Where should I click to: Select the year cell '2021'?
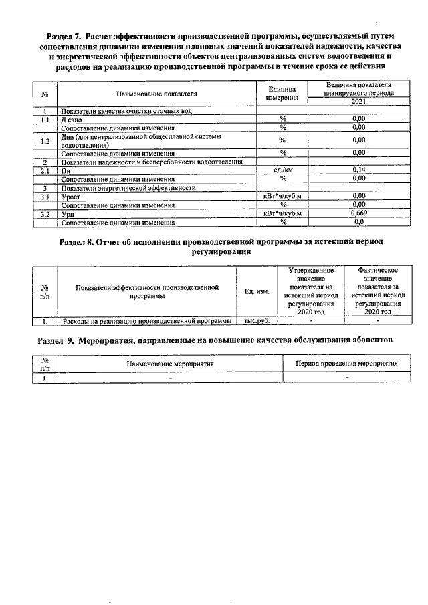(x=358, y=101)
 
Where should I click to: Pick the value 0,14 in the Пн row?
(x=358, y=171)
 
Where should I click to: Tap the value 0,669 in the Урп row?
(x=358, y=214)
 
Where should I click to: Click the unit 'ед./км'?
(x=282, y=171)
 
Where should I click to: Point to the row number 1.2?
(x=45, y=141)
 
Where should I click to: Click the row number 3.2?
(x=45, y=214)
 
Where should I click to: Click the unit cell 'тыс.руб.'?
(x=257, y=321)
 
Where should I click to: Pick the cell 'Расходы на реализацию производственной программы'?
(x=146, y=321)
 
